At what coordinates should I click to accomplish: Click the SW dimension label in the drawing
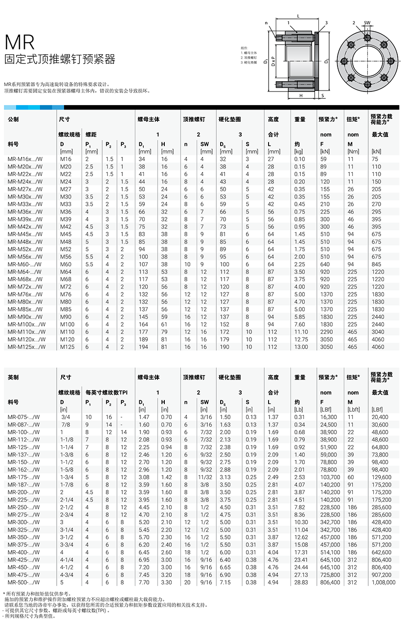(x=367, y=22)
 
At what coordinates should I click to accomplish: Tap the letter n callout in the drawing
(x=266, y=23)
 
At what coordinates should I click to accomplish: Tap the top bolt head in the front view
(x=366, y=37)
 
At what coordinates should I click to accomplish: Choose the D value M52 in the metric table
(x=66, y=249)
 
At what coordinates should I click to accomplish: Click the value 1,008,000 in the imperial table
(x=383, y=582)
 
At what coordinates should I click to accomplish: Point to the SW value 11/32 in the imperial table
(x=204, y=477)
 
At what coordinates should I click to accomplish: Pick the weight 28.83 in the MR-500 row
(x=301, y=582)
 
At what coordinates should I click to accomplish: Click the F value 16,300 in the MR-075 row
(x=329, y=417)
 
